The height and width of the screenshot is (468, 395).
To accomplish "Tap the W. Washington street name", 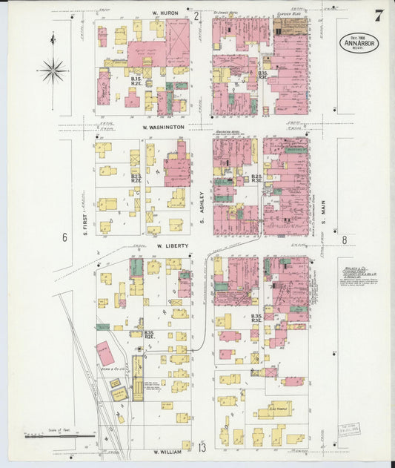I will coord(159,128).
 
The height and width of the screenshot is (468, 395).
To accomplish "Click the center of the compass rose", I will coord(52,71).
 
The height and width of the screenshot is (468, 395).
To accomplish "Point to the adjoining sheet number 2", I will coord(196,16).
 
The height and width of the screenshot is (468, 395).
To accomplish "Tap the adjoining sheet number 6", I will coord(64,238).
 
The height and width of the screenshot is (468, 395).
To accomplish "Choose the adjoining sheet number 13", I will coord(202,446).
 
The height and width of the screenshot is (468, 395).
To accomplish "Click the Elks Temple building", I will coord(278,407).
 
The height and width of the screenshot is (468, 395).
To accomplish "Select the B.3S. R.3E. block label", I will coord(257,319).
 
